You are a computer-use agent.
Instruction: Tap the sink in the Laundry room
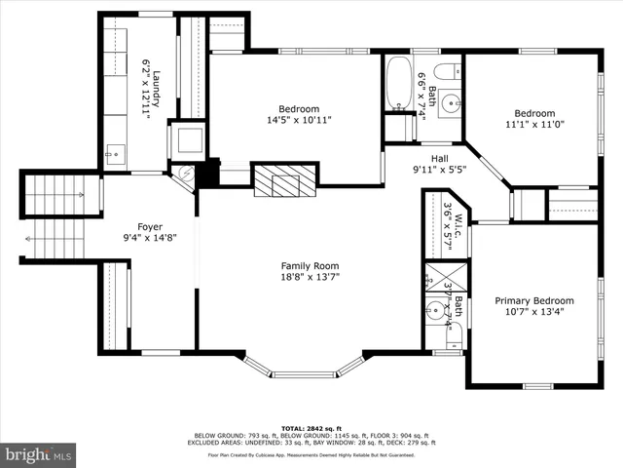(x=114, y=152)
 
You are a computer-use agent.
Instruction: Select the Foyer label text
(x=150, y=232)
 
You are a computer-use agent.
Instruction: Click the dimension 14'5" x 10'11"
(x=299, y=121)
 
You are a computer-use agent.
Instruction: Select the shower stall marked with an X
(x=443, y=275)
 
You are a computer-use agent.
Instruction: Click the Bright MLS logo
(x=39, y=454)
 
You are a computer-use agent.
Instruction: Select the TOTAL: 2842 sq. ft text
(x=311, y=427)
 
